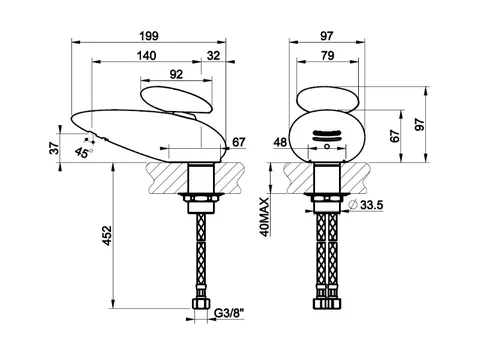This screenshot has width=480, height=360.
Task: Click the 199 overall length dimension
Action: pyautogui.click(x=149, y=36)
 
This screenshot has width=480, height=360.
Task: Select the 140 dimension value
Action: pyautogui.click(x=146, y=55)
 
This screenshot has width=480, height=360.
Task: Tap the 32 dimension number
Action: pyautogui.click(x=213, y=55)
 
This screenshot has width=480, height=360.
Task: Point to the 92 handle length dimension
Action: pyautogui.click(x=176, y=74)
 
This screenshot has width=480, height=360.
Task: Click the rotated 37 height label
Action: pyautogui.click(x=54, y=148)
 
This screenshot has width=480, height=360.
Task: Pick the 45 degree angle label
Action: pyautogui.click(x=82, y=152)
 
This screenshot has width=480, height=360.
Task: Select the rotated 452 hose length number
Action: pyautogui.click(x=107, y=236)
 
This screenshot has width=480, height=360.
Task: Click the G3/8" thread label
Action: pyautogui.click(x=229, y=313)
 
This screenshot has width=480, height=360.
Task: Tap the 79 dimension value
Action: pyautogui.click(x=328, y=55)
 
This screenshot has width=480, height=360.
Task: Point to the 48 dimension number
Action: pyautogui.click(x=280, y=142)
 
